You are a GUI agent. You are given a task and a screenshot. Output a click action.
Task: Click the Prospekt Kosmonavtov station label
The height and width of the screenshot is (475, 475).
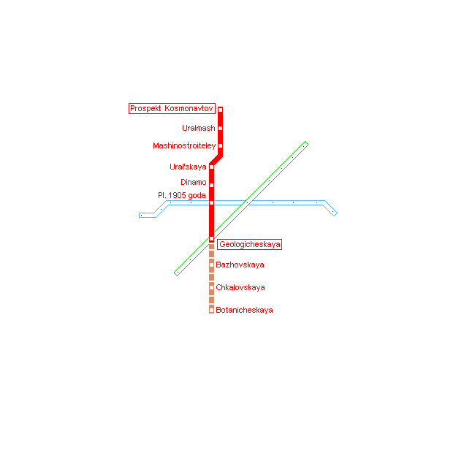172,108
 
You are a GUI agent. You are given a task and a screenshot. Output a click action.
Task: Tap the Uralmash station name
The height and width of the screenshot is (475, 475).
199,128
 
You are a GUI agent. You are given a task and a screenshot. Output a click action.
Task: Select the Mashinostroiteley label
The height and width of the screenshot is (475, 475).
184,145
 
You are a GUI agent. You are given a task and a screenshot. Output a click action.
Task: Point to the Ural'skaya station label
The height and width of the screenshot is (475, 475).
188,167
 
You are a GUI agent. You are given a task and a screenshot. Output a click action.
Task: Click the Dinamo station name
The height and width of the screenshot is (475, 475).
193,182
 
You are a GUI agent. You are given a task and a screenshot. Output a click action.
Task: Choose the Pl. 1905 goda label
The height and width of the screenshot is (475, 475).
182,195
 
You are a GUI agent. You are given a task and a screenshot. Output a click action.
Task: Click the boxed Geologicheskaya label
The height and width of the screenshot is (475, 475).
250,245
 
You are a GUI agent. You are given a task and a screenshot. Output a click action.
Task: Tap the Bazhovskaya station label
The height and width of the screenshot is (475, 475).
240,265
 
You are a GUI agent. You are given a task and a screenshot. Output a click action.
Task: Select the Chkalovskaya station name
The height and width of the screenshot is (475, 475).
240,287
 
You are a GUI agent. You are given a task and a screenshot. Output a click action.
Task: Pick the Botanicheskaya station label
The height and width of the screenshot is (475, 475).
244,310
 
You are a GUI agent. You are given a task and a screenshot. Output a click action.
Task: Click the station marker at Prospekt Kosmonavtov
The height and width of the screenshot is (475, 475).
221,110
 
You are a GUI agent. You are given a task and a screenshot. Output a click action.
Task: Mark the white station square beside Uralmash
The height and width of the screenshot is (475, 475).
221,128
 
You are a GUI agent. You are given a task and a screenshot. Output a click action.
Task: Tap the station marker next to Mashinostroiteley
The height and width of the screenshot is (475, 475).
221,145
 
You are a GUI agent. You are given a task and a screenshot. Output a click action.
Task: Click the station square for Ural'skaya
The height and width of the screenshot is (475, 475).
211,167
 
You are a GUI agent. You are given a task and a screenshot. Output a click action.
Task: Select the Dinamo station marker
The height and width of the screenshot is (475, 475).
211,185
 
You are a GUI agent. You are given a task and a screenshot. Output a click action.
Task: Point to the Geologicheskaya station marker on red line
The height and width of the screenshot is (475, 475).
211,239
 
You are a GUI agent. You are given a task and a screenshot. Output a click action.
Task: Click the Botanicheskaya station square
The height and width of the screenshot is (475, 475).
211,310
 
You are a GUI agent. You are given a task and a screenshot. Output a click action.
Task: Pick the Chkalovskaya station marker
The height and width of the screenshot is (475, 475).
211,287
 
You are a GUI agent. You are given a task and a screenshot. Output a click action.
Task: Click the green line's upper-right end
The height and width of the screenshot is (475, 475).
306,143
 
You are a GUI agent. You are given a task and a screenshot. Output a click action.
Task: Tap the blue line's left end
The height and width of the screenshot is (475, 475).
140,215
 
